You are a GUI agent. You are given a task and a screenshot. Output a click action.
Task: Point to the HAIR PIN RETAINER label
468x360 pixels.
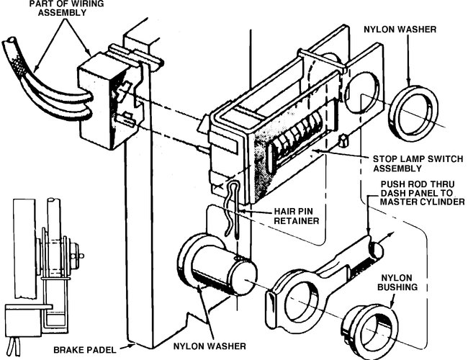coord(296,215)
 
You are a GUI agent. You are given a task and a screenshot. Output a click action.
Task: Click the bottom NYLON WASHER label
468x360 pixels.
coord(217,346)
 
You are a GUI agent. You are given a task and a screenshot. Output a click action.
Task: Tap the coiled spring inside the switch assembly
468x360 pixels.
coord(295,140)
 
